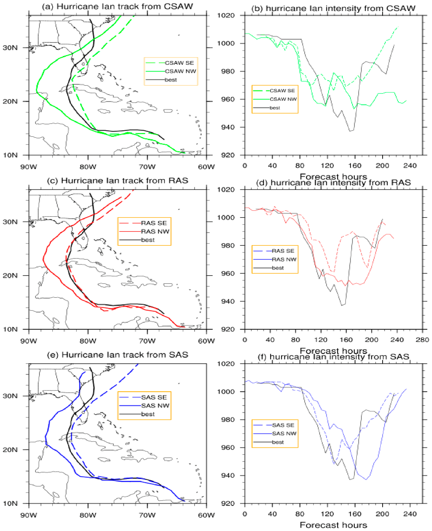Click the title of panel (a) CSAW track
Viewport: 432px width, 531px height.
coord(117,6)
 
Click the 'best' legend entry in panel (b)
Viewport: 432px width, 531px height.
coord(275,108)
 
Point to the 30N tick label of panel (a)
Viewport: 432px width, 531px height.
coord(10,48)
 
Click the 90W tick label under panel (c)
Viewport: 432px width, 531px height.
coord(29,341)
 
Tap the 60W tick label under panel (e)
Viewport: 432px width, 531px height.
coord(206,515)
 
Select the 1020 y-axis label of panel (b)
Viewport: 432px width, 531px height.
coord(226,15)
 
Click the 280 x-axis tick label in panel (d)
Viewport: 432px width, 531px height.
coord(422,340)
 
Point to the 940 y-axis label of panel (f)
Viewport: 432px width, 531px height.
coord(228,475)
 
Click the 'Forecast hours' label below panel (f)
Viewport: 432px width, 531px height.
coord(334,525)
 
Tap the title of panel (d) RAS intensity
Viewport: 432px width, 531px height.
coord(334,183)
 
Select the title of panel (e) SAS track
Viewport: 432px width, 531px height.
coord(118,355)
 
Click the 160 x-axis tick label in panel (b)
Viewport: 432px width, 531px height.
coord(355,165)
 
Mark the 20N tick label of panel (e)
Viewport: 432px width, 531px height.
coord(10,450)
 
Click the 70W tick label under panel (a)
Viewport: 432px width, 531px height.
coord(147,167)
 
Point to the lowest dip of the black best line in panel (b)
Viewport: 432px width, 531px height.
coord(350,131)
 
